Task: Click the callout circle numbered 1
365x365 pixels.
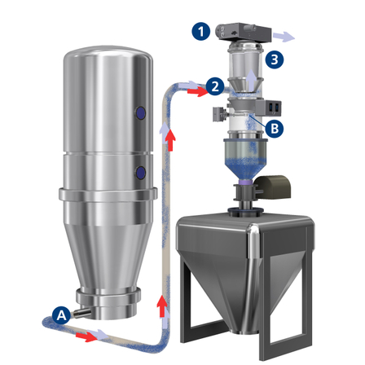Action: coord(201,31)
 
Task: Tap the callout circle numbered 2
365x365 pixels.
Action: coord(215,86)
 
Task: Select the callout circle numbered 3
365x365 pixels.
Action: coord(275,59)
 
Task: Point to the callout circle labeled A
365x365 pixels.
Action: coord(62,315)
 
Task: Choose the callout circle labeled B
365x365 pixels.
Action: coord(275,128)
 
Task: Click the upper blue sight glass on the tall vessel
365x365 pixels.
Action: coord(140,112)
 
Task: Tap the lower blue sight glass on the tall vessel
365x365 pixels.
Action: coord(140,173)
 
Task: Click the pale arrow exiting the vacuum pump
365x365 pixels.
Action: coord(284,37)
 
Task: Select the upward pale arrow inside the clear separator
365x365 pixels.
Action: coord(252,79)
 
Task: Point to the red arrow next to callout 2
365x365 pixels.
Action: coord(197,91)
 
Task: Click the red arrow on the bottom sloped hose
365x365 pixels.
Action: coord(86,336)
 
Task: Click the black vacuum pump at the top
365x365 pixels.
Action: coord(244,32)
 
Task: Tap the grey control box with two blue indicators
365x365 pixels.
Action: coord(268,107)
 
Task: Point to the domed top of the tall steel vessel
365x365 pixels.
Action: coord(108,55)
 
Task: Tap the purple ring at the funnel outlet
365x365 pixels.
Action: coord(246,182)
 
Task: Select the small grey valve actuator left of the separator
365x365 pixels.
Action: coord(218,113)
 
